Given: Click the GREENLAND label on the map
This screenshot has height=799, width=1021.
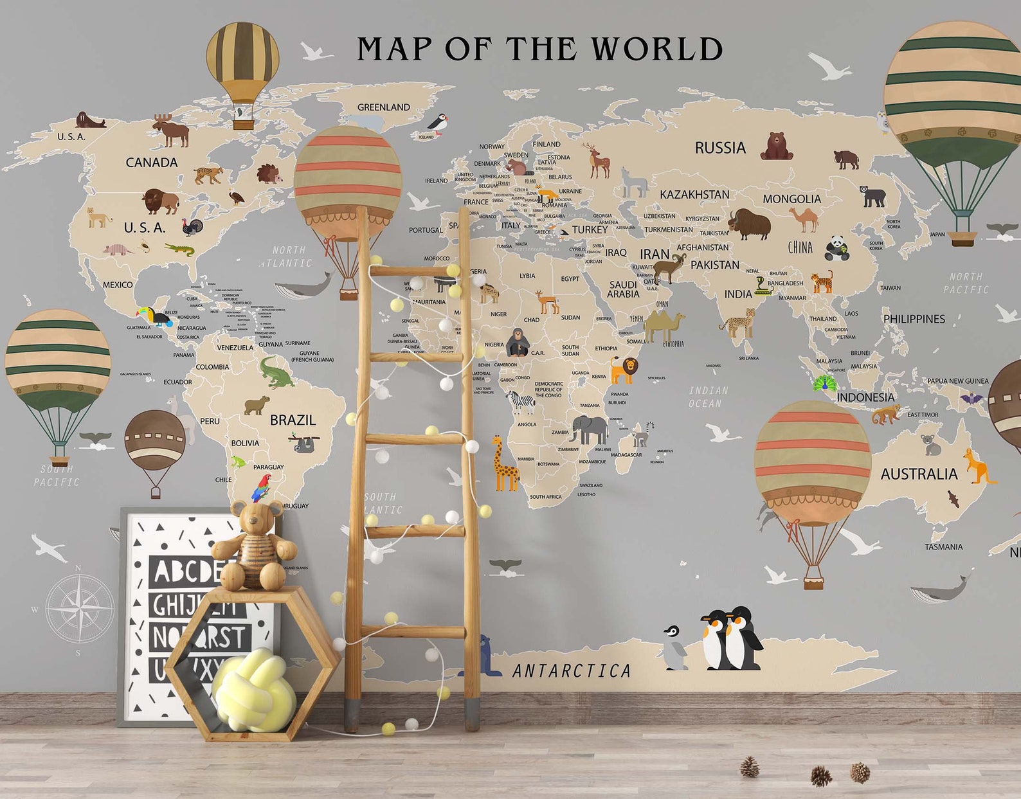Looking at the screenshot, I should [383, 107].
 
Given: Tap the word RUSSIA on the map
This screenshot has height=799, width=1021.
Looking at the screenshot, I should [720, 148].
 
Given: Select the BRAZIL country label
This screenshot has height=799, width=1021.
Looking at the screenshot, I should [293, 420].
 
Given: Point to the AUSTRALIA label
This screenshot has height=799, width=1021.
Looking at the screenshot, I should [919, 474].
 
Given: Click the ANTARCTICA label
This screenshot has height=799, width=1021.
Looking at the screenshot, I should [572, 671].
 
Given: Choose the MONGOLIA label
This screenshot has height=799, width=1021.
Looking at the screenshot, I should [791, 199].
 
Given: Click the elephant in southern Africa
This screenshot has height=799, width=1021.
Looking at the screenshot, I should [588, 429].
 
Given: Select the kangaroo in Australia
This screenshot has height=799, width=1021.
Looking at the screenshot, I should [977, 467].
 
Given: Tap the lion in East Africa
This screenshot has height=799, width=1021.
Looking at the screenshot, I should [623, 370].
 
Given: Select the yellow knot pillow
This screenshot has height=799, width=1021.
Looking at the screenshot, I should [254, 691].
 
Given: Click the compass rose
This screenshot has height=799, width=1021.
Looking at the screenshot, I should [80, 608].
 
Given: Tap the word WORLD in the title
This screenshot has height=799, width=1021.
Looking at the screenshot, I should [656, 49].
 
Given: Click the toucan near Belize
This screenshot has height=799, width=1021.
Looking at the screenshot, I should [152, 315].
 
